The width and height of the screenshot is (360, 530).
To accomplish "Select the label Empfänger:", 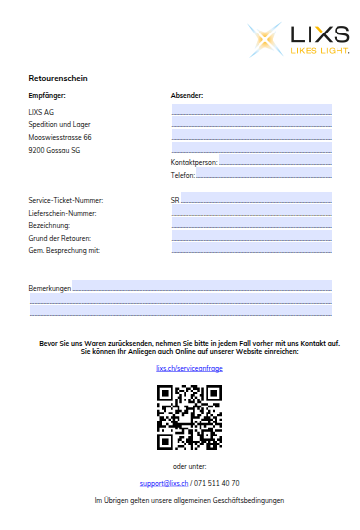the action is (x=47, y=95).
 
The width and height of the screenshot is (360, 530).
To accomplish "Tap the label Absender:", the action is (x=187, y=95).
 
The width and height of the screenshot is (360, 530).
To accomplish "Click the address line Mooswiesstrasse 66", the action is (x=60, y=137).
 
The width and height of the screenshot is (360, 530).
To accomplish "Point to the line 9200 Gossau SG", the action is (x=54, y=150).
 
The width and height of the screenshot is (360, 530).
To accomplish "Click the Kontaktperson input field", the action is (x=275, y=161).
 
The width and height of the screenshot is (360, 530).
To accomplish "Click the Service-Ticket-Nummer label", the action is (x=66, y=200).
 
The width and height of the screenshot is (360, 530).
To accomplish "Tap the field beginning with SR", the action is (x=255, y=199).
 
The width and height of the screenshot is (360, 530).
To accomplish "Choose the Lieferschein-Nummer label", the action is (x=63, y=213).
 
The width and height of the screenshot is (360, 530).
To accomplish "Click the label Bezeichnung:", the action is (x=49, y=226).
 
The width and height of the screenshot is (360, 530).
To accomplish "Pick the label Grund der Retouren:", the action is (x=60, y=238).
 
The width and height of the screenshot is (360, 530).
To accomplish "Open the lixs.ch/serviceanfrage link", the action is (x=190, y=368).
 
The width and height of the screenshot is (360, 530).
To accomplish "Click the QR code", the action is (x=189, y=417).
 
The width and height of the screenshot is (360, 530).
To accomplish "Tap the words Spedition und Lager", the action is (x=58, y=124).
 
